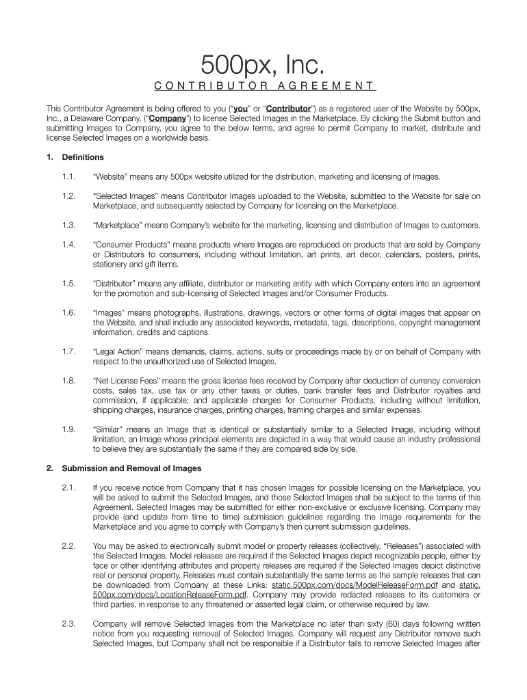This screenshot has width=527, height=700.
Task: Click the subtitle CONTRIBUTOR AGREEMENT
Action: (x=263, y=86)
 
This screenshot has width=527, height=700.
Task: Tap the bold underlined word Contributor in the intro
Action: (x=287, y=108)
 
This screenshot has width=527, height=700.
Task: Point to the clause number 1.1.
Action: (x=68, y=176)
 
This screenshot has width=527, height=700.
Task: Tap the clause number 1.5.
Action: (x=68, y=283)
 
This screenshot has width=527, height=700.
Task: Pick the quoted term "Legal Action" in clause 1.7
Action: (x=120, y=351)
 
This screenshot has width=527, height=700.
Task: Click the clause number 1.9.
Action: (x=68, y=429)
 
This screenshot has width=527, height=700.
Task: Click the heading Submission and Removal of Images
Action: (x=131, y=468)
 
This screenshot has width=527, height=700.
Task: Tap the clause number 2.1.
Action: (x=68, y=487)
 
